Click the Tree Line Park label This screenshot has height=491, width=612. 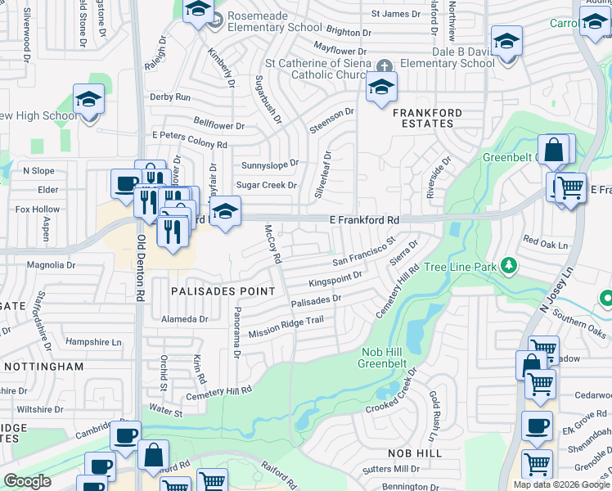462,268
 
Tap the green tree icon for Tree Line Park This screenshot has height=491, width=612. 509,265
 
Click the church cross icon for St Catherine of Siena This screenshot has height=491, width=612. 385,65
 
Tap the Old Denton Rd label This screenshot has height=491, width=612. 141,266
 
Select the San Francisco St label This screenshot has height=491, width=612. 364,252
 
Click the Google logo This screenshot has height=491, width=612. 27,481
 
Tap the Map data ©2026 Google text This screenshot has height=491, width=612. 561,484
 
